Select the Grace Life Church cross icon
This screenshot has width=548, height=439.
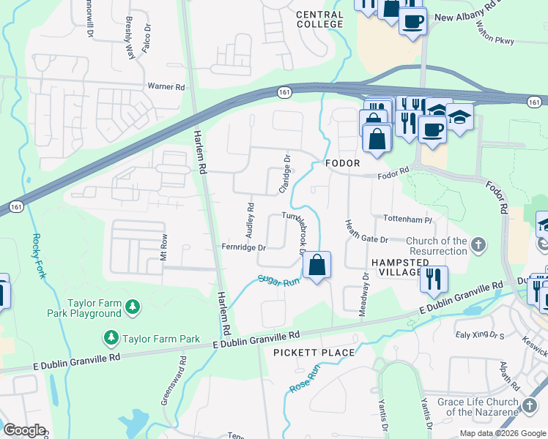530,403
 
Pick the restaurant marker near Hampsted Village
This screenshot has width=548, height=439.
433,278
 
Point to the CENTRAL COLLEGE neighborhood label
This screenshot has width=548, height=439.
319,19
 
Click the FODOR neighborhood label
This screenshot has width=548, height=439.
343,163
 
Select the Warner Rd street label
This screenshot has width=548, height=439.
166,86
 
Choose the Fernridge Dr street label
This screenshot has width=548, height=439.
242,248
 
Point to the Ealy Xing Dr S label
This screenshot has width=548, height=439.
480,335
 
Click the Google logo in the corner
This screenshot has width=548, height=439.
24,430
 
